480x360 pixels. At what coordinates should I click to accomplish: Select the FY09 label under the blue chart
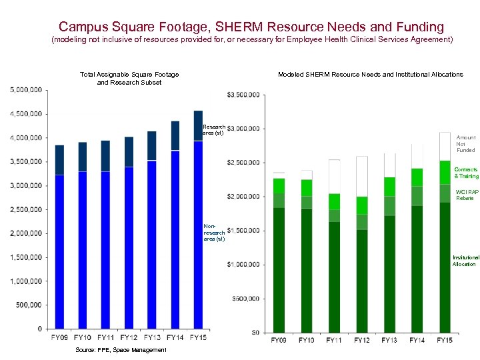click(59, 338)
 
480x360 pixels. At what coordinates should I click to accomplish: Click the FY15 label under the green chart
click(445, 341)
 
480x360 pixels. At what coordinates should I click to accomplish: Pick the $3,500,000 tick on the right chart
click(243, 95)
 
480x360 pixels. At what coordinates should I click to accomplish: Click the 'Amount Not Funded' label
click(465, 144)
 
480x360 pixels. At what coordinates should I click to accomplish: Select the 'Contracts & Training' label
click(466, 173)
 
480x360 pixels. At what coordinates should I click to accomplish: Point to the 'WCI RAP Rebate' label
click(466, 195)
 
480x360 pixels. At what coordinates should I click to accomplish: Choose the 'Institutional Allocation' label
click(465, 261)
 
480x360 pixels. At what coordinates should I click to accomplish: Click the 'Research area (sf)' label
click(214, 129)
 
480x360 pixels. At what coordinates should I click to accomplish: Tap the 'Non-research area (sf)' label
click(214, 232)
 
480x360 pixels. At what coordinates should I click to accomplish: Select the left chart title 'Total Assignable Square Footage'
click(129, 75)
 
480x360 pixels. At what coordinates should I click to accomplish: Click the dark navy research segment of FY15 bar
click(198, 125)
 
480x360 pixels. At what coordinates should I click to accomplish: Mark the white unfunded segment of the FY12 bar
click(361, 176)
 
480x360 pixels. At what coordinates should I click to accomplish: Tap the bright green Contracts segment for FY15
click(445, 172)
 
